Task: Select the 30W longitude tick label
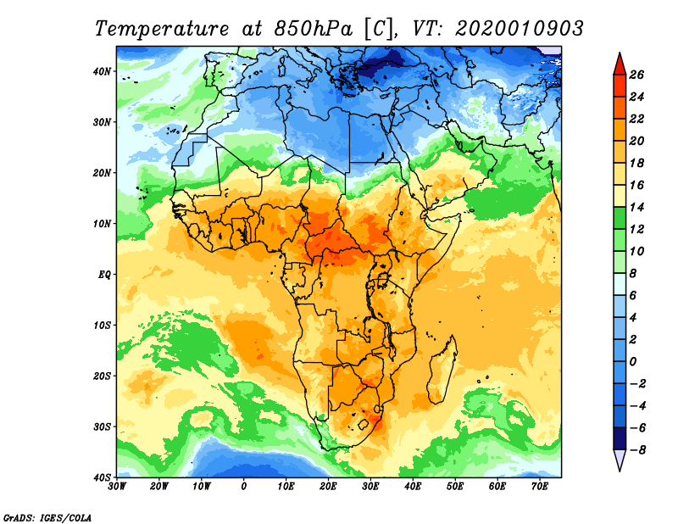point(117,486)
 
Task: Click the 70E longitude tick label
point(540,486)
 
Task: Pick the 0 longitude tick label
point(244,486)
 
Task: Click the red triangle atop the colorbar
point(620,62)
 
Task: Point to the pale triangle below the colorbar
point(620,460)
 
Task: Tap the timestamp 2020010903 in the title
point(520,27)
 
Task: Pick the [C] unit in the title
point(378,27)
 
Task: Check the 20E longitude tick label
point(329,486)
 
